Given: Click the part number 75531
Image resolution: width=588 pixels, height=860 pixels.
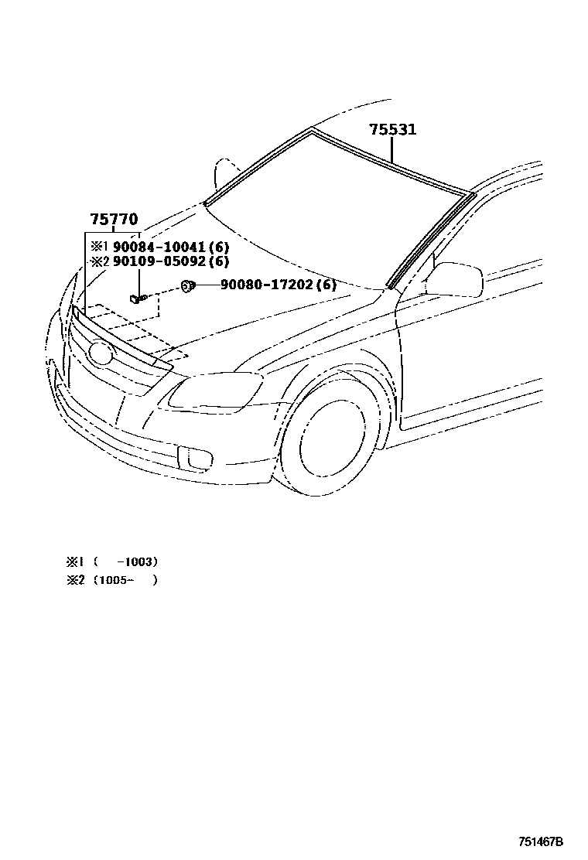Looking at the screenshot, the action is coord(392,129).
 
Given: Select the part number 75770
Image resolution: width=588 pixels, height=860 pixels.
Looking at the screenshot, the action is coord(114,220).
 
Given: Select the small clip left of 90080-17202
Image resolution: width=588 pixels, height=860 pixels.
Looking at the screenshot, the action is coord(187,286).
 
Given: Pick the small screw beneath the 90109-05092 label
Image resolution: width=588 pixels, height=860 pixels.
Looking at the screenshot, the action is coord(138,298).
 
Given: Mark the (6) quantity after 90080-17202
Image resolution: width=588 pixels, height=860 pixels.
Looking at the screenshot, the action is coord(326,285).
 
